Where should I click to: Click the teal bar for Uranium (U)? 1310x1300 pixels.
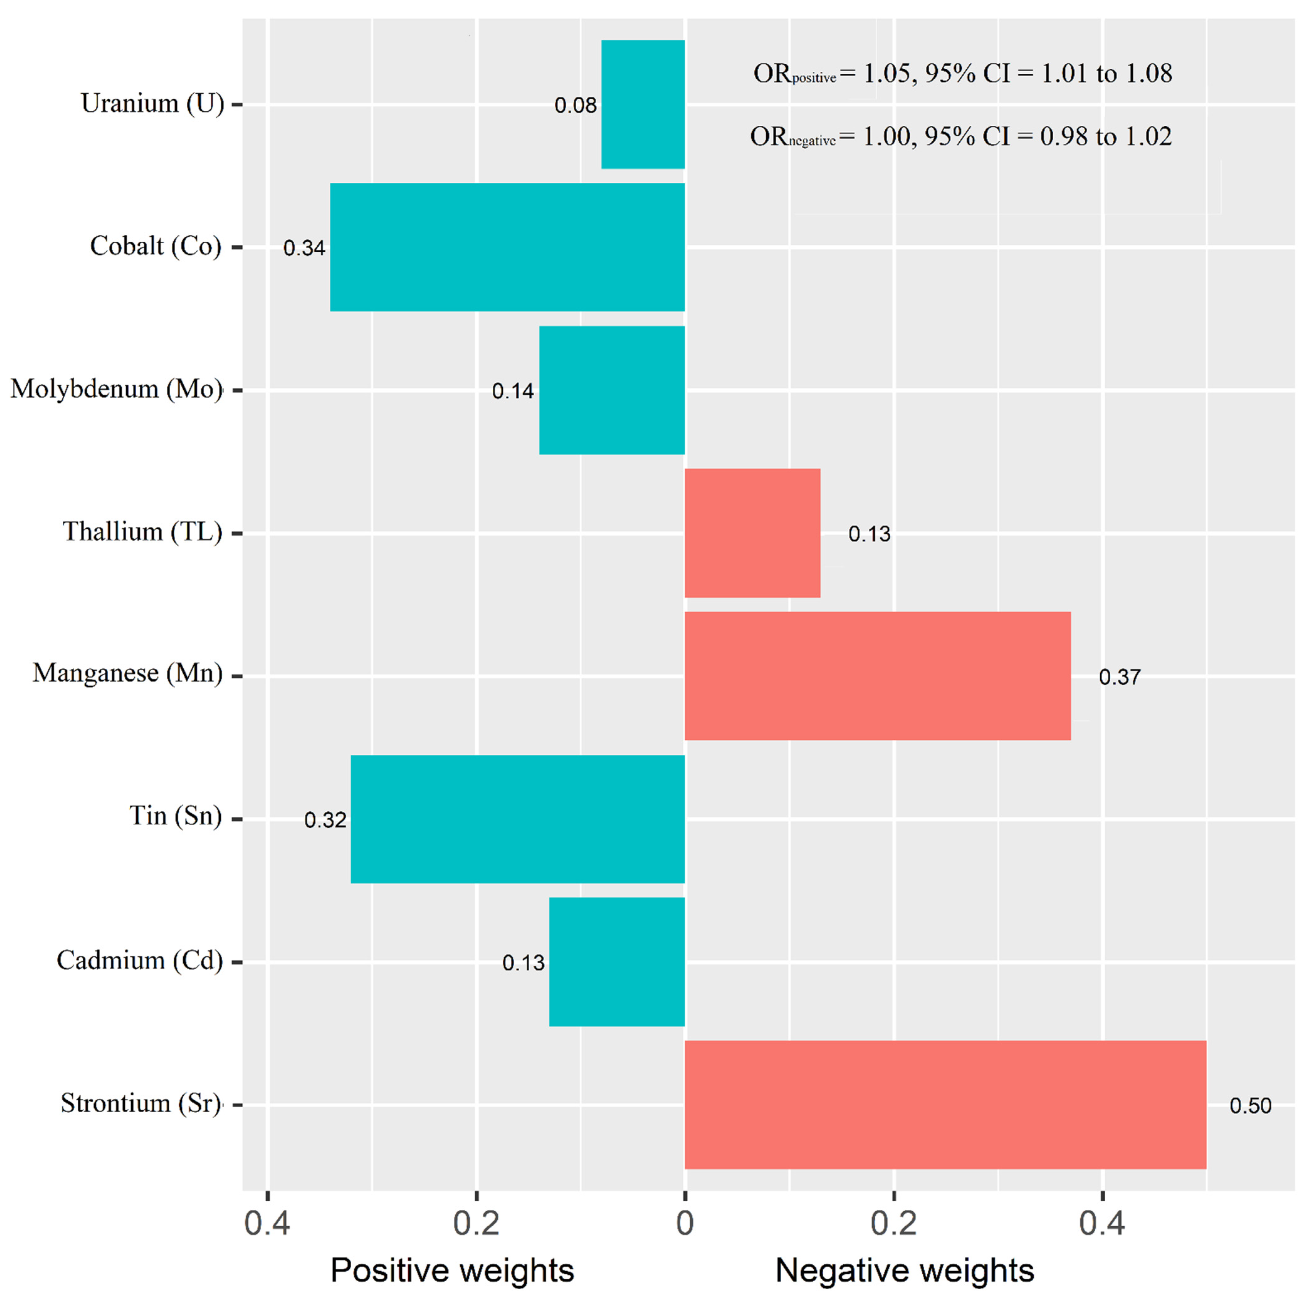pos(643,104)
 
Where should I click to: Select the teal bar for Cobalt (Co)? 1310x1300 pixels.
pos(507,248)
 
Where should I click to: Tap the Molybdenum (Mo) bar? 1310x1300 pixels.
pos(612,390)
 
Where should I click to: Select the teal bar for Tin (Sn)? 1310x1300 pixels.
pos(517,819)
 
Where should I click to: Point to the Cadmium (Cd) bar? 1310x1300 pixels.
pos(616,962)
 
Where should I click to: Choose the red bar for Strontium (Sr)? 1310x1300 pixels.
pos(945,1105)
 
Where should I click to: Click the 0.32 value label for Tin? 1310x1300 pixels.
pos(325,820)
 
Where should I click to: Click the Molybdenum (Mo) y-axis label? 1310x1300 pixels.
pos(117,389)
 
